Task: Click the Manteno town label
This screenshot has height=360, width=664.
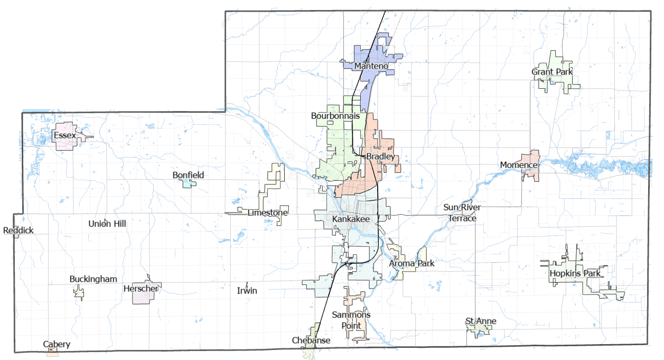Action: pyautogui.click(x=371, y=66)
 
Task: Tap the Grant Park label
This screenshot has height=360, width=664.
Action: pyautogui.click(x=552, y=72)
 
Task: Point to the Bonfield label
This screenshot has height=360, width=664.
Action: pyautogui.click(x=188, y=175)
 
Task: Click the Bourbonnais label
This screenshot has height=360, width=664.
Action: pyautogui.click(x=335, y=115)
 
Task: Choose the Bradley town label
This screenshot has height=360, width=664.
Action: pyautogui.click(x=381, y=157)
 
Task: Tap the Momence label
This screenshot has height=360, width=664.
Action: pyautogui.click(x=519, y=165)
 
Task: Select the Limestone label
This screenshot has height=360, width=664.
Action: pyautogui.click(x=268, y=213)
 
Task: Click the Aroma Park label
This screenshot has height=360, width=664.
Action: pyautogui.click(x=412, y=263)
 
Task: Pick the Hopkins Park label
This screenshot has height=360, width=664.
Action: pyautogui.click(x=575, y=274)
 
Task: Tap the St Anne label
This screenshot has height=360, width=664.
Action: pyautogui.click(x=481, y=321)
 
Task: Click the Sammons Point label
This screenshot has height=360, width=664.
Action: pyautogui.click(x=351, y=320)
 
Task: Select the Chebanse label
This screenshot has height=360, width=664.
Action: pyautogui.click(x=311, y=340)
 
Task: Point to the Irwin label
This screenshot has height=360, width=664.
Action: pyautogui.click(x=247, y=291)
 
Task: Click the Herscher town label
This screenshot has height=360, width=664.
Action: pyautogui.click(x=141, y=289)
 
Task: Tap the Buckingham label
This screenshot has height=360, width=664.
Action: pyautogui.click(x=93, y=279)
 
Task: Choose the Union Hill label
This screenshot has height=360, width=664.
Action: pyautogui.click(x=107, y=224)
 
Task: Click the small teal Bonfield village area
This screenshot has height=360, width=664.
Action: pyautogui.click(x=188, y=183)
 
